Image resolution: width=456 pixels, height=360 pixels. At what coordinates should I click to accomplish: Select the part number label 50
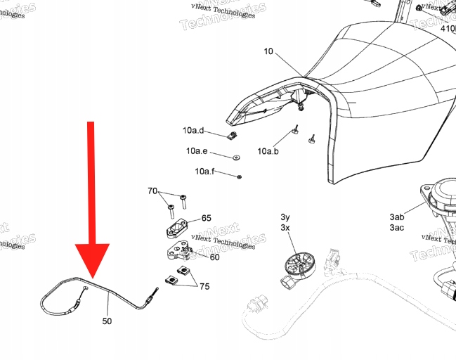[x=107, y=321]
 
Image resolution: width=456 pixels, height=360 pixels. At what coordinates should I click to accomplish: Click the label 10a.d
[x=193, y=131]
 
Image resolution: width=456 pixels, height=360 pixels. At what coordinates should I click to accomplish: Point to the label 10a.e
[x=197, y=151]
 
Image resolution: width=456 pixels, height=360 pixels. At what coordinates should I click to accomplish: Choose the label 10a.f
[x=204, y=172]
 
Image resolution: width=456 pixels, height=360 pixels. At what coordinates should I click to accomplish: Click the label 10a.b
[x=268, y=151]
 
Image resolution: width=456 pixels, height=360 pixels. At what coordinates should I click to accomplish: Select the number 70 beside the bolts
[x=152, y=191]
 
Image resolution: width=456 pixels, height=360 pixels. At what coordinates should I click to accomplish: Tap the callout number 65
[x=207, y=219]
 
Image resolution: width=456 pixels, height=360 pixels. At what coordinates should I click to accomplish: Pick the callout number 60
[x=214, y=257]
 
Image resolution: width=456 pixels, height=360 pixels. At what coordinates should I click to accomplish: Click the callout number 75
[x=204, y=286]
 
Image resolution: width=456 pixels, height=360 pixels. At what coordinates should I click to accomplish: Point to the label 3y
[x=285, y=217]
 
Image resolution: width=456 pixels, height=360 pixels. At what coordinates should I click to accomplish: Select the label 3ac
[x=396, y=228]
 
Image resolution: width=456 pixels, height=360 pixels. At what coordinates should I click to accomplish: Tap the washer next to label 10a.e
[x=235, y=156]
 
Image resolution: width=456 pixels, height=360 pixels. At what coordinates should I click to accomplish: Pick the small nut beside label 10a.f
[x=240, y=176]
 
